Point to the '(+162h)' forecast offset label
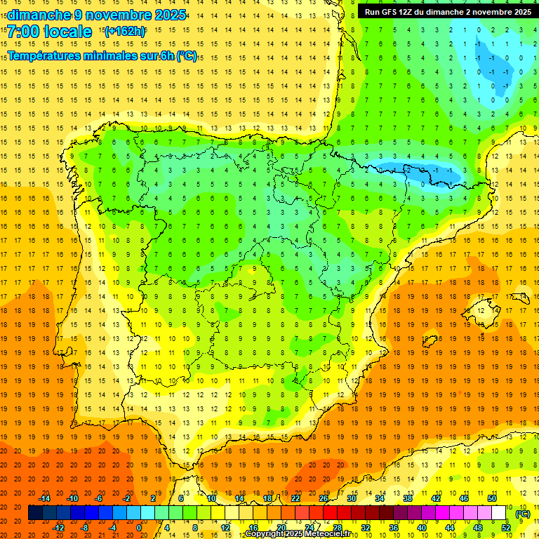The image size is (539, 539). (125, 32)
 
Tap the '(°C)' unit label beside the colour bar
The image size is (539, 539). (522, 514)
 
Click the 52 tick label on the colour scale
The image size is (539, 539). (506, 528)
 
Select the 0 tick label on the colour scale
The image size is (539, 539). (139, 528)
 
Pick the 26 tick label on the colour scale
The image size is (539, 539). (324, 498)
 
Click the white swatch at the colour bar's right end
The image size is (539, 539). (499, 513)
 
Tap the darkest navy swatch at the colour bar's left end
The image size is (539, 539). (35, 513)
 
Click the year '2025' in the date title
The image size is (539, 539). (169, 15)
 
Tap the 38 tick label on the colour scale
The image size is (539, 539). (408, 498)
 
